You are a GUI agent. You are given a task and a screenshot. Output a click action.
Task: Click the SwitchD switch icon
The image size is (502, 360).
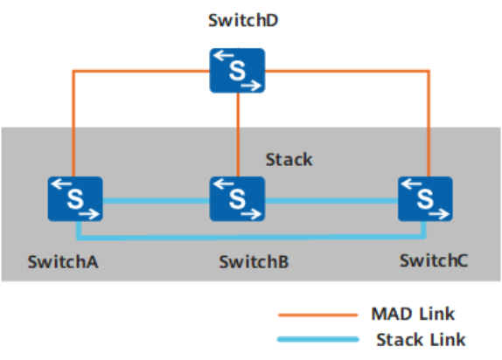pyautogui.click(x=237, y=71)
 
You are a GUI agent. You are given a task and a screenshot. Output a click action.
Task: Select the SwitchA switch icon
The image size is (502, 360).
pyautogui.click(x=75, y=198)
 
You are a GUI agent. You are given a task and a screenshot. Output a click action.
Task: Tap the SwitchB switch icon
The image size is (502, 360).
pyautogui.click(x=237, y=198)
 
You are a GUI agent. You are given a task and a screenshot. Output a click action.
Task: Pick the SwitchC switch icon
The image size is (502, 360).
pyautogui.click(x=425, y=198)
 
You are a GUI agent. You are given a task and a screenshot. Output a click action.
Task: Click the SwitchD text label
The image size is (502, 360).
pyautogui.click(x=243, y=20)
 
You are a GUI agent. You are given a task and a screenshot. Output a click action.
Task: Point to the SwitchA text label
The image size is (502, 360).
pyautogui.click(x=63, y=262)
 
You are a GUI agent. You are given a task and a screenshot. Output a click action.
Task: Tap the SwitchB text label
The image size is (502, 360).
pyautogui.click(x=254, y=262)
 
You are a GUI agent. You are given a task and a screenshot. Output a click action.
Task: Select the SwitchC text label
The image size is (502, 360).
pyautogui.click(x=434, y=260)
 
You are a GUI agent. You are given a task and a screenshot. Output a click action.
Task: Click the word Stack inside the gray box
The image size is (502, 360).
pyautogui.click(x=289, y=159)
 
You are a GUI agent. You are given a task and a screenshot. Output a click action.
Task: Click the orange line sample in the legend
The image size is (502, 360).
pyautogui.click(x=318, y=315)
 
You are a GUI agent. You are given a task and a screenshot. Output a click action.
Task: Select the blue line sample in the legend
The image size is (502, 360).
pyautogui.click(x=318, y=340)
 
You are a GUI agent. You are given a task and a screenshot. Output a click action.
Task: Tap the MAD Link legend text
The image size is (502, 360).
pyautogui.click(x=413, y=314)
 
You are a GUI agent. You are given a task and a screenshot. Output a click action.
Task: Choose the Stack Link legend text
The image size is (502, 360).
pyautogui.click(x=421, y=340)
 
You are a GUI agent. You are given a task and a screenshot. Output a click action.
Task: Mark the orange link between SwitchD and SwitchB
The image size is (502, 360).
pyautogui.click(x=238, y=135)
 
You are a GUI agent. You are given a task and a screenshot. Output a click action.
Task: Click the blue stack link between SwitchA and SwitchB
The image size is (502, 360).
pyautogui.click(x=157, y=201)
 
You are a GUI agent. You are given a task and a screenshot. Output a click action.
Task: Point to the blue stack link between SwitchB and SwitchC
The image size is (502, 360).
pyautogui.click(x=331, y=201)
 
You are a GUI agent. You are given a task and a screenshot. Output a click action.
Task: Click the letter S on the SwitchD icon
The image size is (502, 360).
pyautogui.click(x=237, y=71)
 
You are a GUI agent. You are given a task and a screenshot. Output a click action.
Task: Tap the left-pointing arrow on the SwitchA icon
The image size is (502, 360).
pyautogui.click(x=61, y=183)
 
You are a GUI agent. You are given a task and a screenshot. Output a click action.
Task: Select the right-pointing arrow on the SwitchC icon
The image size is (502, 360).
pyautogui.click(x=439, y=214)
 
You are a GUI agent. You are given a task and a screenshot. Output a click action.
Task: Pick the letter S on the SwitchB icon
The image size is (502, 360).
pyautogui.click(x=237, y=199)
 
